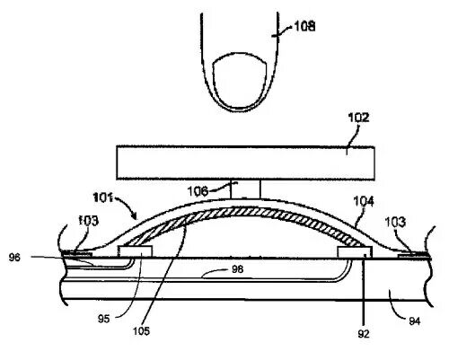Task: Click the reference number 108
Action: point(304,26)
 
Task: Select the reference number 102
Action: point(358,118)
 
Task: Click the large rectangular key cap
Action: point(245,162)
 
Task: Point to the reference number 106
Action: point(198,191)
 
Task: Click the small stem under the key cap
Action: point(245,189)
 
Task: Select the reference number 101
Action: point(102,198)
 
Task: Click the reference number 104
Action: point(364,201)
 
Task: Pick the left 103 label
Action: point(88,221)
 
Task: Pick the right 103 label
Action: point(395,222)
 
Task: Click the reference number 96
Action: point(14,258)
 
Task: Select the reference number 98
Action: point(238,269)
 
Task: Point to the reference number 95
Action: point(103,319)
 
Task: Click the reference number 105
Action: point(141,331)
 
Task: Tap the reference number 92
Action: point(364,334)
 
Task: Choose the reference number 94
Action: point(415,321)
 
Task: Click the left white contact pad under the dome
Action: point(136,251)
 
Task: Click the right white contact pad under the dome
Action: point(355,251)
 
